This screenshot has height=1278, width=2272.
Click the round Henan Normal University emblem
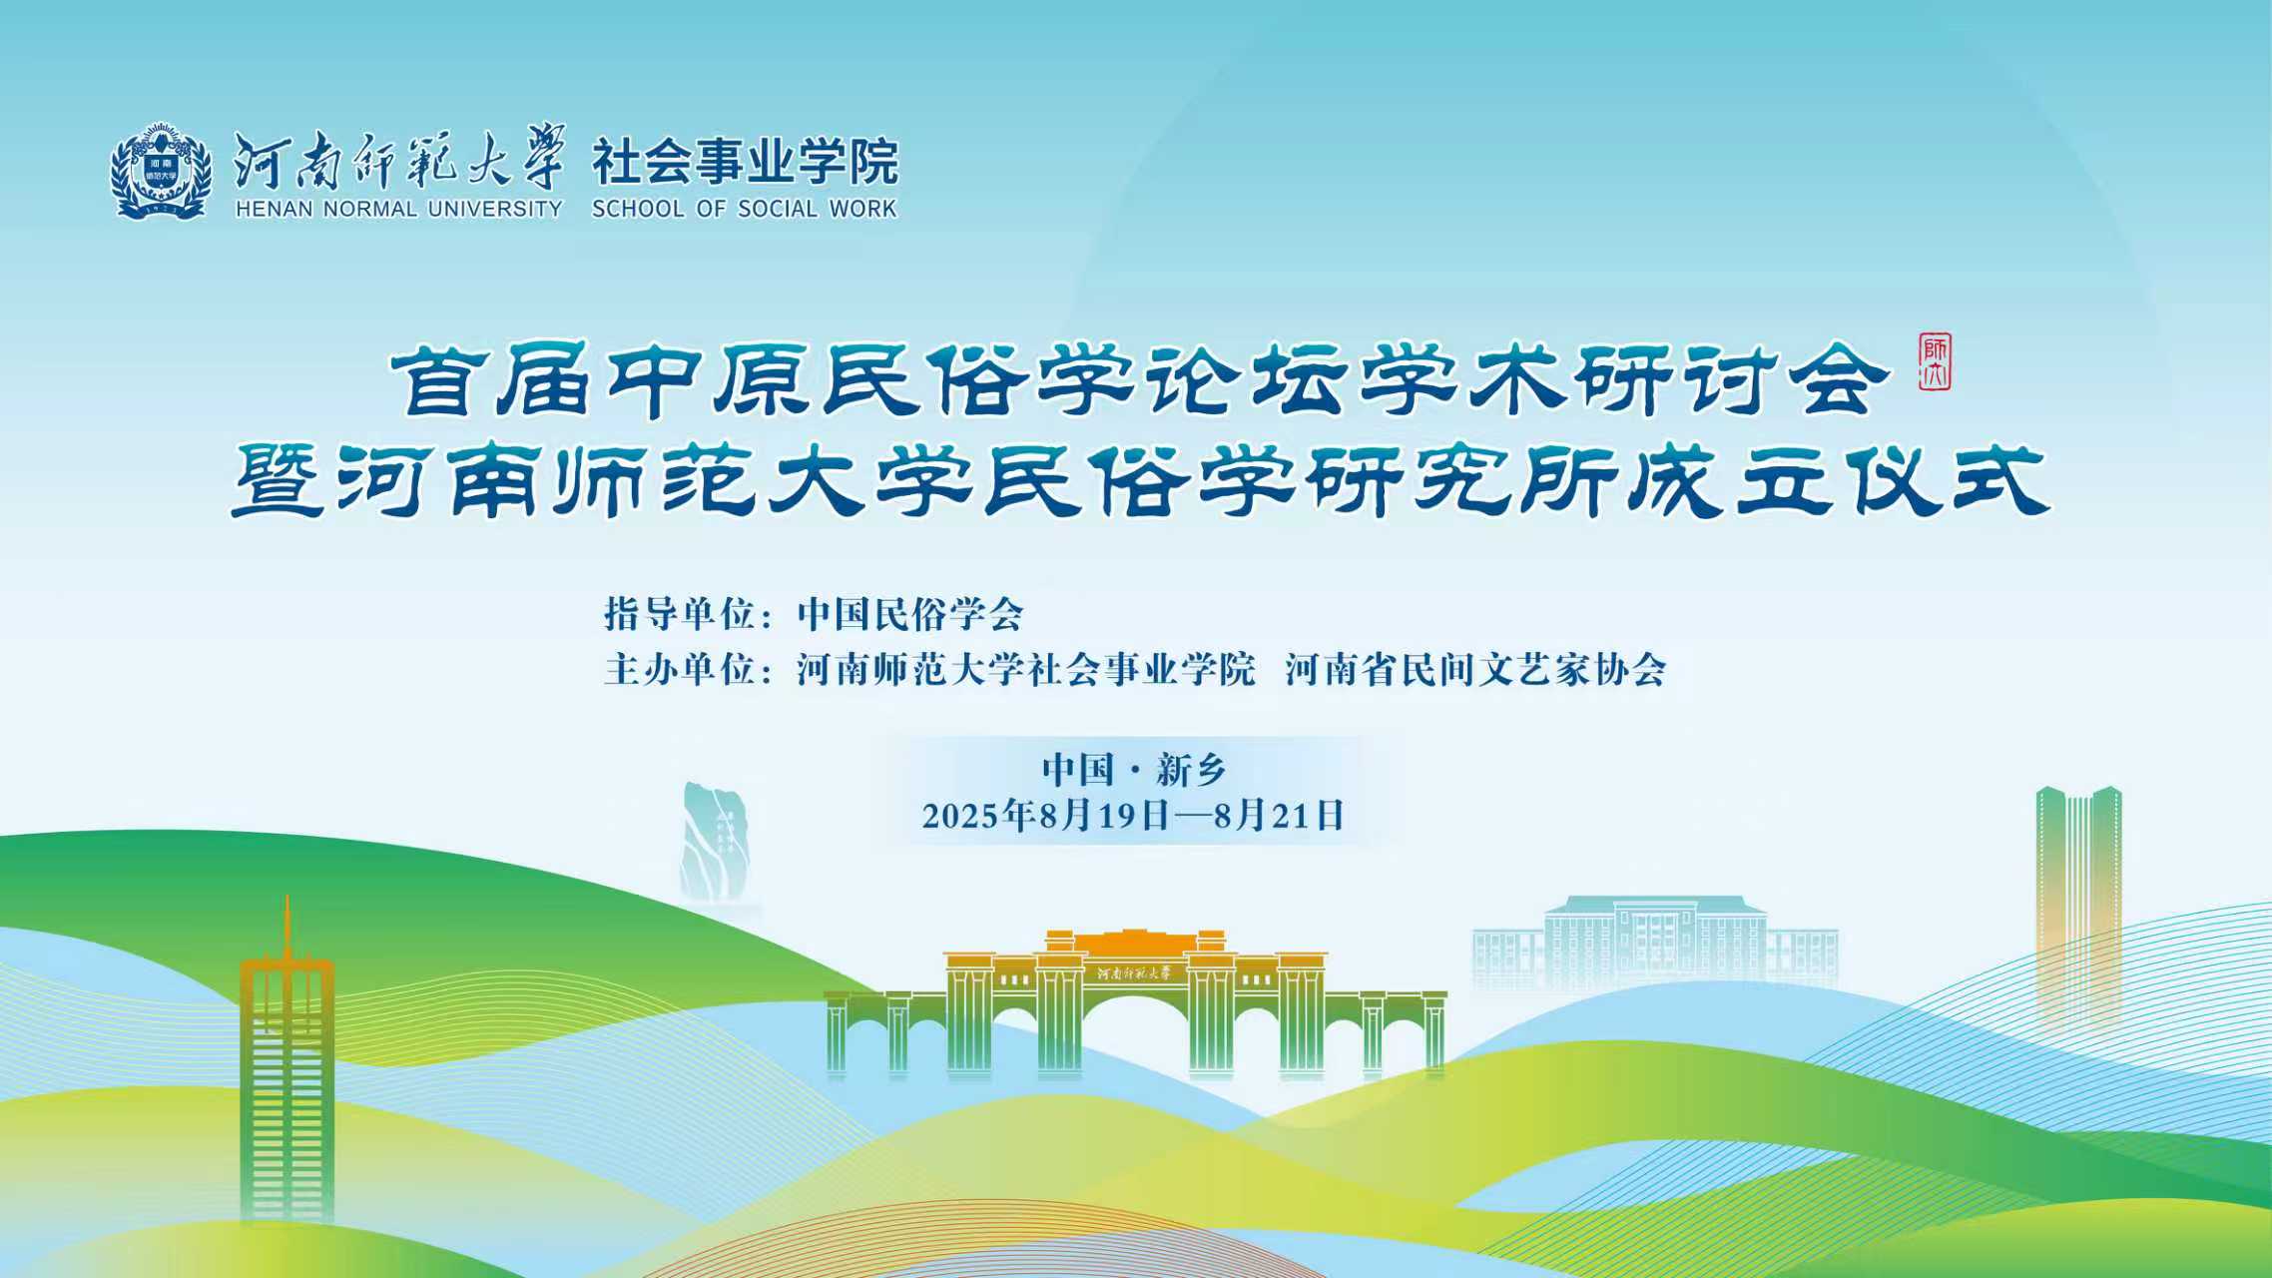coord(161,171)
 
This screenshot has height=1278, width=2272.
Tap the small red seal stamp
coord(1935,362)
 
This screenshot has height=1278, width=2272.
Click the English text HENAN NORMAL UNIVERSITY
coord(399,209)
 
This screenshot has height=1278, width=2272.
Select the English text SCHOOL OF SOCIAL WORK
coord(745,209)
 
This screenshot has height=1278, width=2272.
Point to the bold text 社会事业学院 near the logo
coord(746,162)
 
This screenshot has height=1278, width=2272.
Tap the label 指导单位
coord(679,614)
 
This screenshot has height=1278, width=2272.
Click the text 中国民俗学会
coord(910,614)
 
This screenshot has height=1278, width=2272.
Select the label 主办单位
coord(679,669)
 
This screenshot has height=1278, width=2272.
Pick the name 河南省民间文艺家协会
coord(1475,669)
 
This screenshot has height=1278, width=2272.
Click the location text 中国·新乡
coord(1134,770)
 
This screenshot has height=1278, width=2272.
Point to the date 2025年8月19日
coord(1046,816)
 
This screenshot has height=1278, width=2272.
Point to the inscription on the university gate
coord(1136,972)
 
